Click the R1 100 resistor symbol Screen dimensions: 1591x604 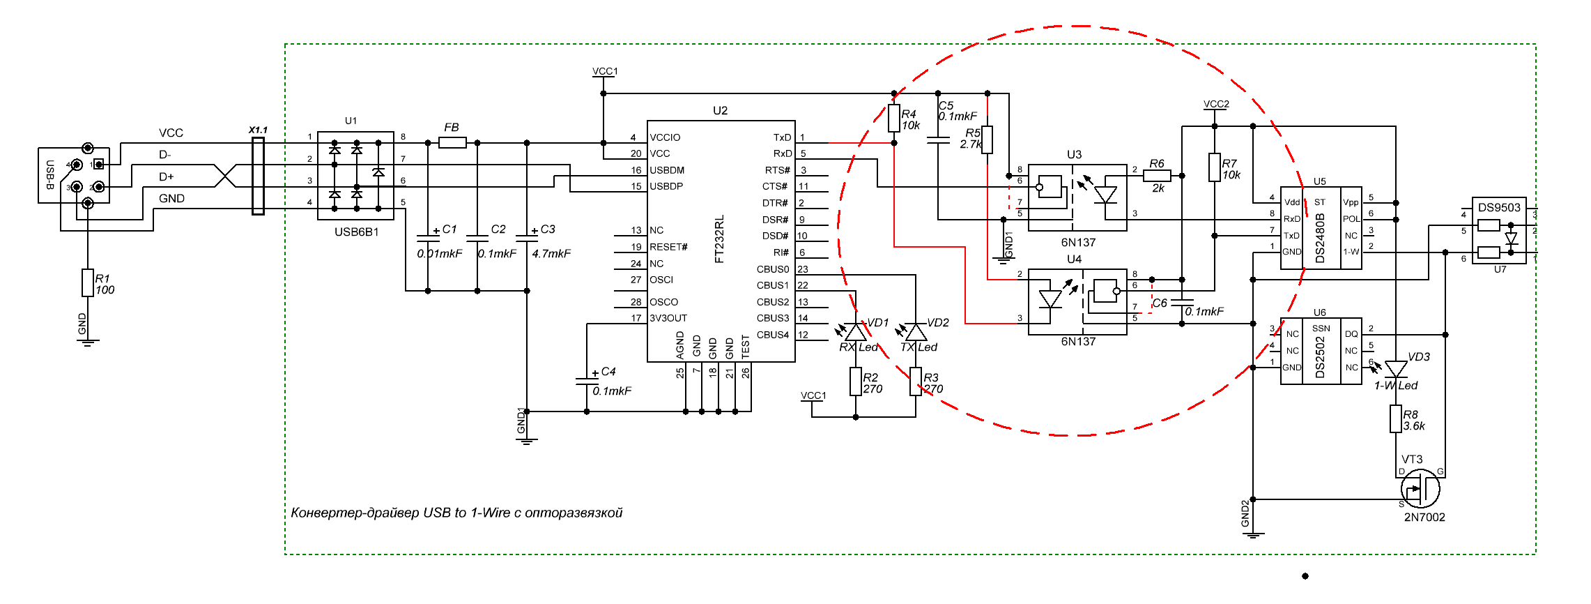pos(88,282)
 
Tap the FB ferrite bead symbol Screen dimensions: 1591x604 pos(452,143)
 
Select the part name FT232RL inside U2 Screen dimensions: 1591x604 pos(720,239)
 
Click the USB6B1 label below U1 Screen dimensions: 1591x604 pos(356,232)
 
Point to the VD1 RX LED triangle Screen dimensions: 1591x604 pos(856,332)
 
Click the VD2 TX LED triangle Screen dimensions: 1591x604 pos(916,332)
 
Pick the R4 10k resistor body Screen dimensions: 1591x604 pos(894,118)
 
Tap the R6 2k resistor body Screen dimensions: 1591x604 pos(1157,176)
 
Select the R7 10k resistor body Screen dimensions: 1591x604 pos(1215,167)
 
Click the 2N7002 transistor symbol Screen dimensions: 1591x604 pos(1420,489)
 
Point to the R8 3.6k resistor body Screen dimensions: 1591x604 pos(1396,419)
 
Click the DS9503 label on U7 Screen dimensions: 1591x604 pos(1499,207)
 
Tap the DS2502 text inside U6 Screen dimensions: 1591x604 pos(1320,357)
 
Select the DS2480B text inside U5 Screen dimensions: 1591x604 pos(1320,238)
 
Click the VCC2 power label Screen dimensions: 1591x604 pos(1216,104)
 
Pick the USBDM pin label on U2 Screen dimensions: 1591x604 pos(667,170)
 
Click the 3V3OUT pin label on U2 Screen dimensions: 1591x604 pos(668,318)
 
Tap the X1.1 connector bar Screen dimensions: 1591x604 pos(258,176)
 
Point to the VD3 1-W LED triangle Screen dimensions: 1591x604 pos(1396,368)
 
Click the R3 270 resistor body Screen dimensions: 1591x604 pos(916,382)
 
